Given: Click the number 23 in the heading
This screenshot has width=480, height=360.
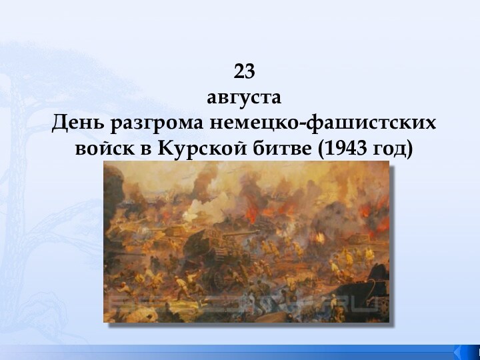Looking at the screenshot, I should click(x=245, y=71).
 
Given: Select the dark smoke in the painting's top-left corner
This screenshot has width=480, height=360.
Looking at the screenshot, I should click(x=123, y=177).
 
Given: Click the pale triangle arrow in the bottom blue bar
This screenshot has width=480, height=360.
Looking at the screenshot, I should click(x=460, y=351).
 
